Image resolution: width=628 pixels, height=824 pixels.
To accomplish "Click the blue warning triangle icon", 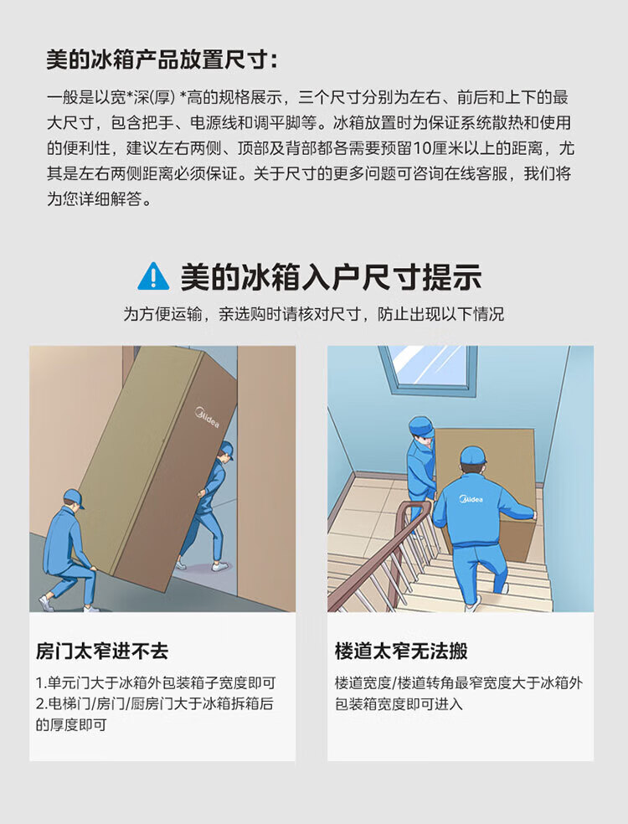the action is tap(153, 277).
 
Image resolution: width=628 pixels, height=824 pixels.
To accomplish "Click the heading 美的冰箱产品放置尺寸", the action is tap(162, 59).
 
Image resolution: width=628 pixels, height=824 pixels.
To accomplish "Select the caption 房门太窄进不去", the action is tap(102, 651).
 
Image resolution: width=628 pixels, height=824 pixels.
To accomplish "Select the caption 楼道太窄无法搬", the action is tap(401, 651).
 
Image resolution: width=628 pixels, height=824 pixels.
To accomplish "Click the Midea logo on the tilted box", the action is tap(207, 417).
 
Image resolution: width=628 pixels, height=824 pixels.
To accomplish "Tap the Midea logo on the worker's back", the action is tap(471, 499).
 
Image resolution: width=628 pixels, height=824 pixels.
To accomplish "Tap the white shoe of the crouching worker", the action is tap(46, 603).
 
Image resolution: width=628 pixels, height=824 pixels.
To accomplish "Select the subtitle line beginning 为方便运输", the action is tap(314, 314).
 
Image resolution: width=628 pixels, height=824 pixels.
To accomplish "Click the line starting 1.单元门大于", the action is tap(156, 683).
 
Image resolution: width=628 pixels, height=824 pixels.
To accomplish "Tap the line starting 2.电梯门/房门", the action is tap(155, 703).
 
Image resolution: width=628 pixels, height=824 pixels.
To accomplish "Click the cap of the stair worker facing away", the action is tap(473, 455).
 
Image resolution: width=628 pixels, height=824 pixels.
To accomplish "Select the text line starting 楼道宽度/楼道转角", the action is tap(459, 683).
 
